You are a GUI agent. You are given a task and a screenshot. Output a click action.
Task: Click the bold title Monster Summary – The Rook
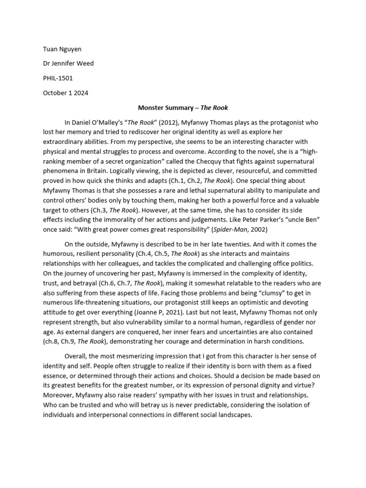tap(183, 108)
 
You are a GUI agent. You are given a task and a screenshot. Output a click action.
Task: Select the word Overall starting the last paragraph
tap(78, 356)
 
